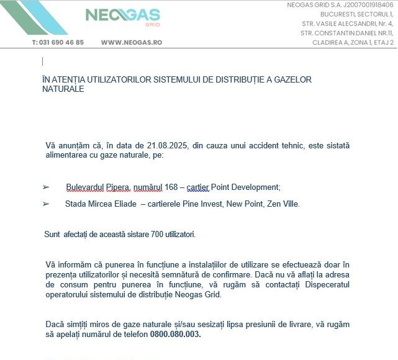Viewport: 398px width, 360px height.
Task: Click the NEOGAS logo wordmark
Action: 122,15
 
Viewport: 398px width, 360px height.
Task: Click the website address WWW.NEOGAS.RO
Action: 131,43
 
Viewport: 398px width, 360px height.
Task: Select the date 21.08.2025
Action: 168,145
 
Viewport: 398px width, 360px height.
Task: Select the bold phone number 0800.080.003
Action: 175,334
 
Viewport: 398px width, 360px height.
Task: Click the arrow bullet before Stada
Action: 45,204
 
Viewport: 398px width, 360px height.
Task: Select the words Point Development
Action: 245,187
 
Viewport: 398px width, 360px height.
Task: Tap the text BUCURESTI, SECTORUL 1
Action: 356,14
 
